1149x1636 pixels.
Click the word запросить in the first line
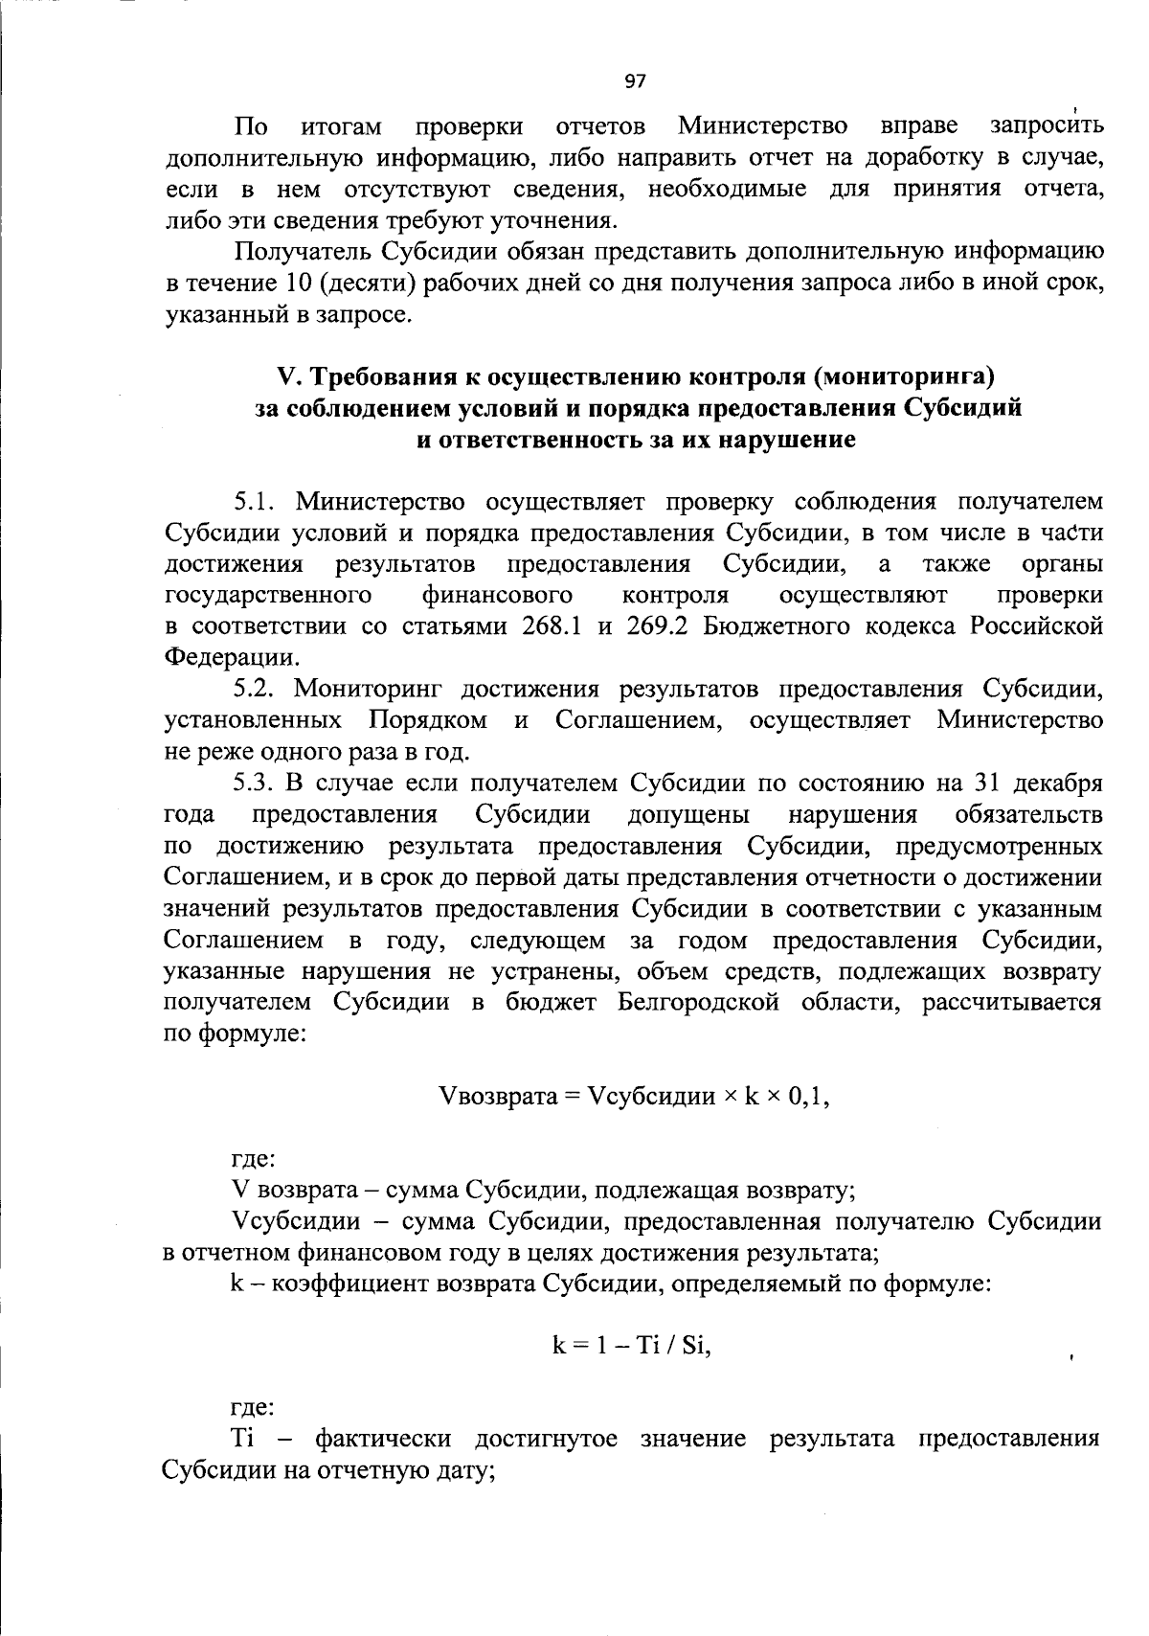[x=1046, y=125]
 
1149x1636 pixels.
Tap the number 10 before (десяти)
[x=296, y=283]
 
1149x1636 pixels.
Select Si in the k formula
[x=694, y=1346]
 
